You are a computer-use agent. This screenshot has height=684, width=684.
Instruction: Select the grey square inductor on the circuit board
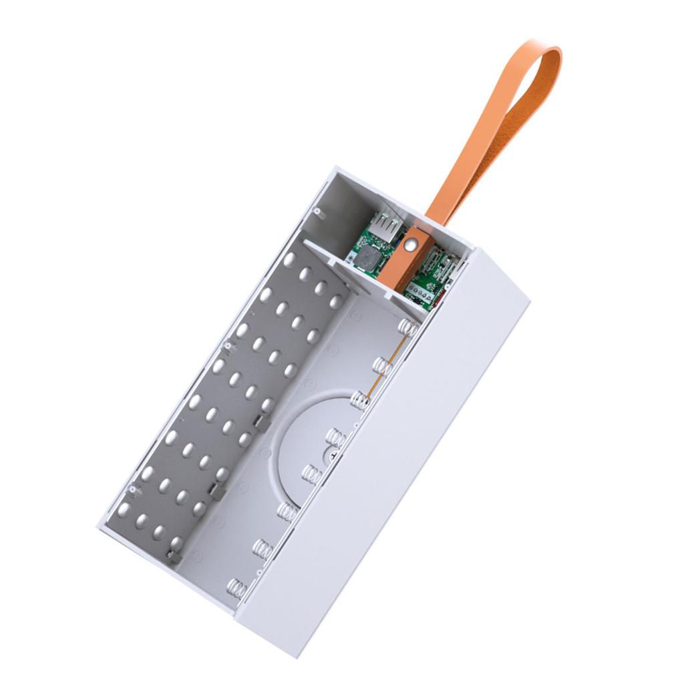pos(368,258)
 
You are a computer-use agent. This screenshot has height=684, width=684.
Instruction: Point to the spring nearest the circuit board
pos(408,327)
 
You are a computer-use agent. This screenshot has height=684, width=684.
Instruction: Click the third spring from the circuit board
pos(359,401)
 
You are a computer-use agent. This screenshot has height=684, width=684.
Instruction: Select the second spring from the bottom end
pos(263,549)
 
